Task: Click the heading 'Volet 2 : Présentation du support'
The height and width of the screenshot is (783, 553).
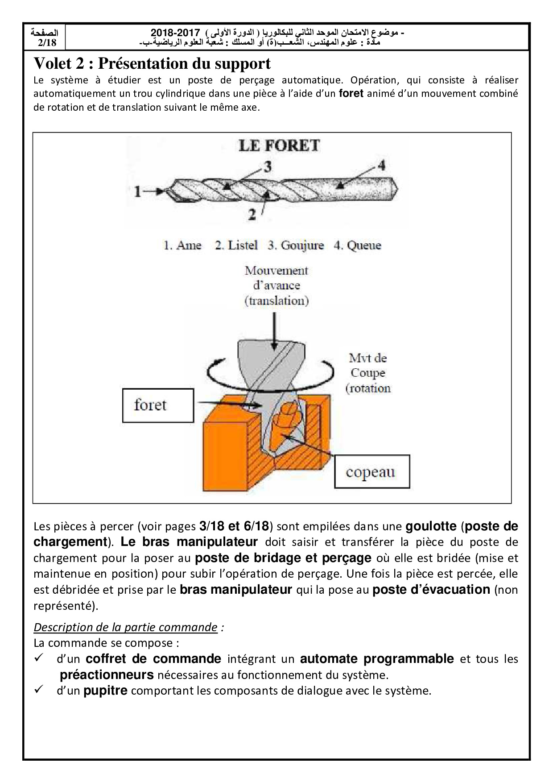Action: pyautogui.click(x=152, y=64)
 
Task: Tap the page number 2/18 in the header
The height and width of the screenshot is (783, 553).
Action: pyautogui.click(x=47, y=43)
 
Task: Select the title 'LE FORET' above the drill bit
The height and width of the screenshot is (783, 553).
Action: pyautogui.click(x=279, y=146)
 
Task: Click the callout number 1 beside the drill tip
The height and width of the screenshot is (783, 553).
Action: pyautogui.click(x=138, y=192)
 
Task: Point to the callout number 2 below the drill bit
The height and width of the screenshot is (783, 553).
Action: pyautogui.click(x=252, y=215)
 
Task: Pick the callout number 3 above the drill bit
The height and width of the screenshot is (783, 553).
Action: pyautogui.click(x=267, y=167)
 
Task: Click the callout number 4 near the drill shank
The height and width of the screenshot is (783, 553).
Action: pyautogui.click(x=381, y=165)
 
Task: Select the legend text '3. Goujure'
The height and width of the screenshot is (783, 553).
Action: pyautogui.click(x=296, y=245)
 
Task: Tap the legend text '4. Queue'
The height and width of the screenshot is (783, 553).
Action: pyautogui.click(x=357, y=245)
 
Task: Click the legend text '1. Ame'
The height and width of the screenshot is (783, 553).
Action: pyautogui.click(x=182, y=245)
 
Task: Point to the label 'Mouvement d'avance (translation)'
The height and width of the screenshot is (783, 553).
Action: pyautogui.click(x=276, y=285)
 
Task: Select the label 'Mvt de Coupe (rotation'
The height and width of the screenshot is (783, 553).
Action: pyautogui.click(x=368, y=373)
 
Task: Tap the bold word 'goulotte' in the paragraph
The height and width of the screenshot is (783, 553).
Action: pyautogui.click(x=431, y=526)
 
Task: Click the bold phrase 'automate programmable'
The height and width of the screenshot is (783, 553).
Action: pyautogui.click(x=377, y=658)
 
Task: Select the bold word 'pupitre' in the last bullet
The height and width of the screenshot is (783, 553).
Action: pyautogui.click(x=105, y=691)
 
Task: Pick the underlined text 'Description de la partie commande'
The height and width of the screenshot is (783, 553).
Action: pyautogui.click(x=125, y=627)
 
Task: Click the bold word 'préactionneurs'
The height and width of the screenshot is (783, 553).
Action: pyautogui.click(x=107, y=675)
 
